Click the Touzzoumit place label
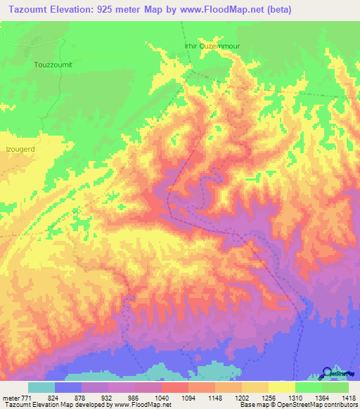53,64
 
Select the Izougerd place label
20,150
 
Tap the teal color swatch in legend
41,387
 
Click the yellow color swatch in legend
281,387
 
